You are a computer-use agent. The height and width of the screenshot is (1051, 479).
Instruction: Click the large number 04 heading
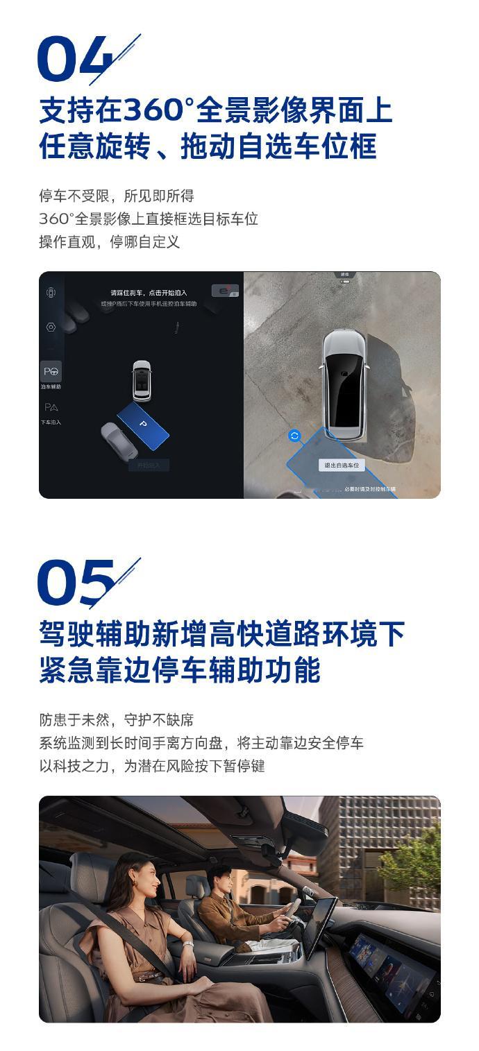[75, 60]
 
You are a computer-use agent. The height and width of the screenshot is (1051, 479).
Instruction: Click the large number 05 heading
[76, 583]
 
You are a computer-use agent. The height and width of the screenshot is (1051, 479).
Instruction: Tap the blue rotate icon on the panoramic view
[294, 436]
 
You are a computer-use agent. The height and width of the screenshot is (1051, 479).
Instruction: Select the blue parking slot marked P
[143, 424]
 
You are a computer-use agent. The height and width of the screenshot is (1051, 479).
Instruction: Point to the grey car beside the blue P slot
[119, 441]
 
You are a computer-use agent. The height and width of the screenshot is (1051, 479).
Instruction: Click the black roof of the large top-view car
[343, 388]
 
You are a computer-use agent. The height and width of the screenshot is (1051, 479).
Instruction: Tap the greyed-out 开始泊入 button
[148, 465]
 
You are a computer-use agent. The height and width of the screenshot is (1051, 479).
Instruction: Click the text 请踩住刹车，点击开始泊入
[149, 293]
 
